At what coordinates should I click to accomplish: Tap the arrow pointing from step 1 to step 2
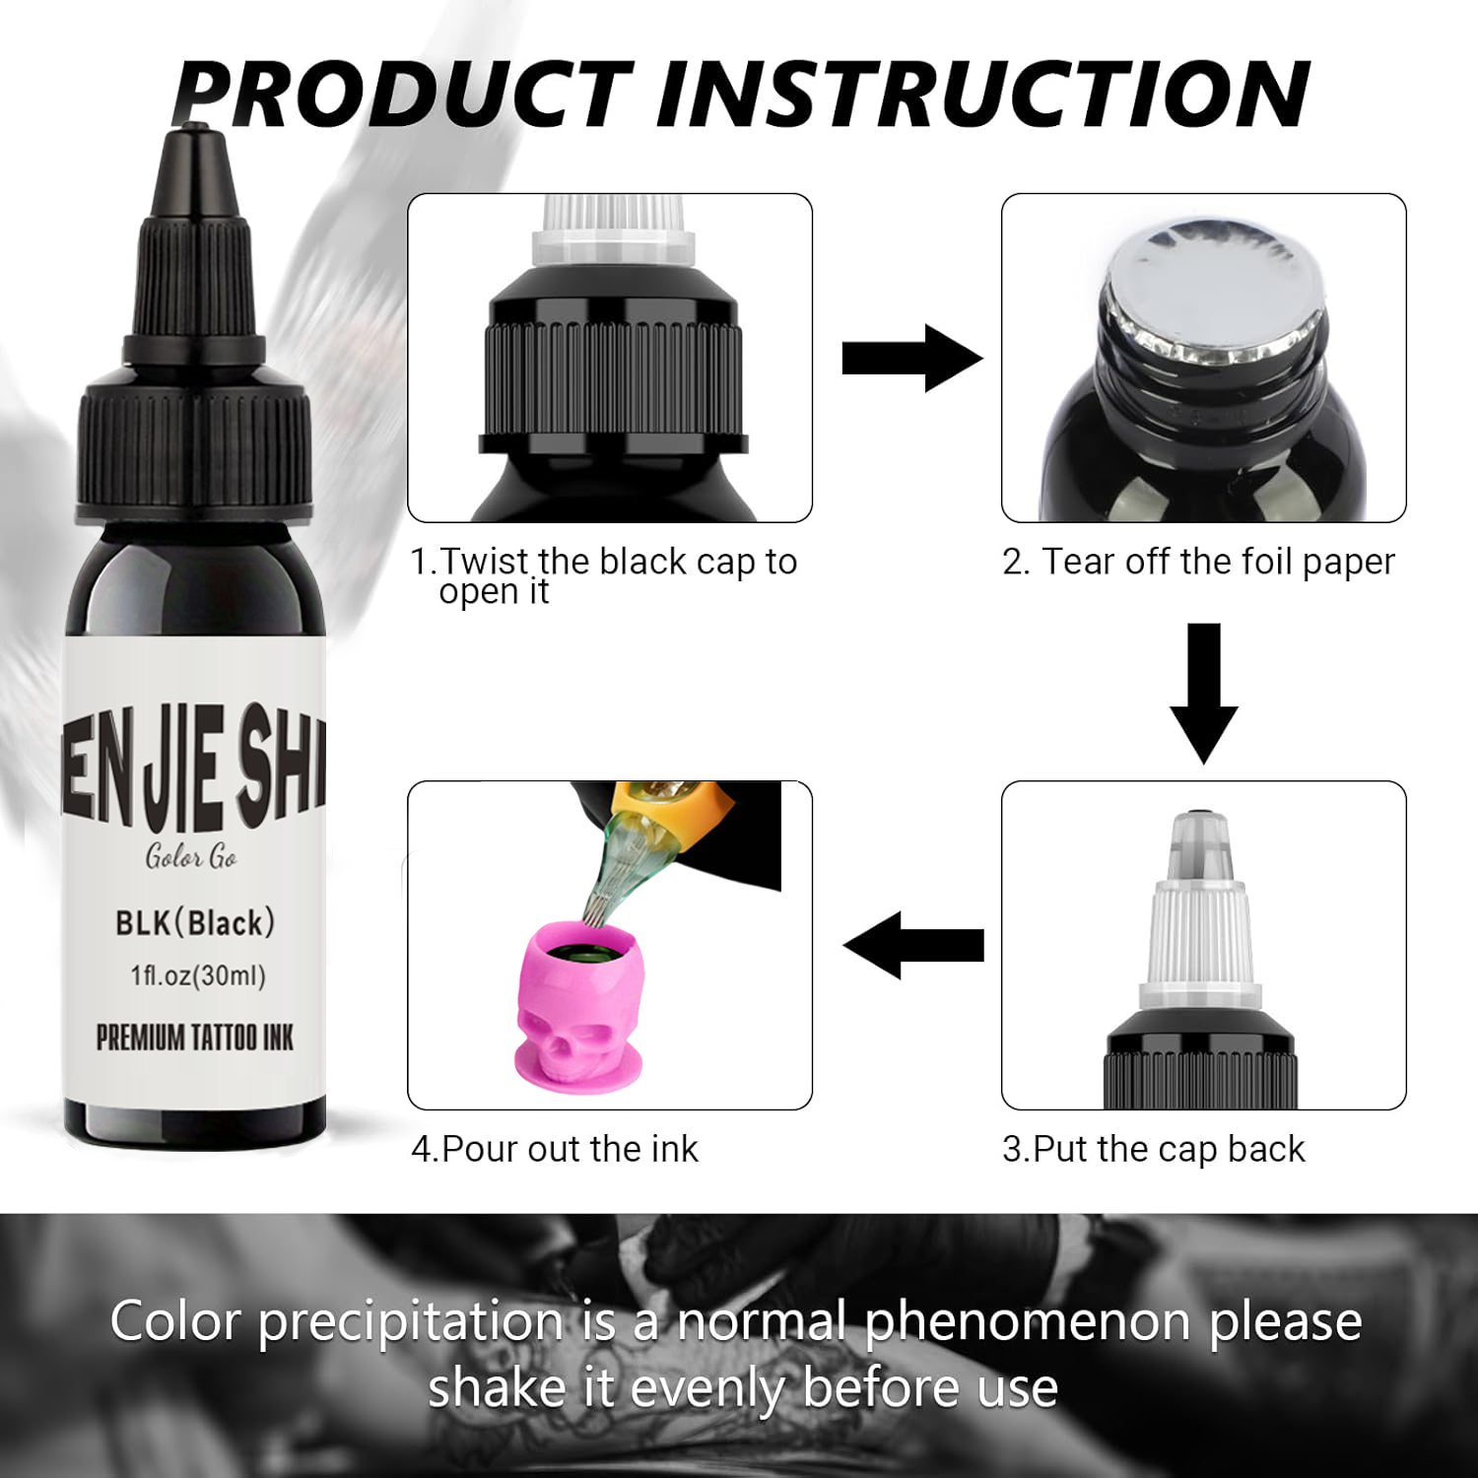click(x=912, y=359)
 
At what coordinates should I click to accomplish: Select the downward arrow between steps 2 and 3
click(x=1203, y=693)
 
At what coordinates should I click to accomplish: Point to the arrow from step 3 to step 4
click(x=913, y=945)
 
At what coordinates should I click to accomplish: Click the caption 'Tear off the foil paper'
click(x=1218, y=562)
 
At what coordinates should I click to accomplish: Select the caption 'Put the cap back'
click(x=1169, y=1149)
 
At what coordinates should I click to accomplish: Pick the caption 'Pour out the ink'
click(x=570, y=1149)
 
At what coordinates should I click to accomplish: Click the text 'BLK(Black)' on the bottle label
click(x=195, y=923)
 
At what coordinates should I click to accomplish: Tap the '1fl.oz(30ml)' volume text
click(x=198, y=975)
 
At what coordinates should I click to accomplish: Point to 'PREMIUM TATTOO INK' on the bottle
click(x=195, y=1038)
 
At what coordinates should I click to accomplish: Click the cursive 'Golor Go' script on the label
click(x=191, y=856)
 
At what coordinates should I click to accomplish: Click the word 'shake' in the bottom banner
click(x=498, y=1387)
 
